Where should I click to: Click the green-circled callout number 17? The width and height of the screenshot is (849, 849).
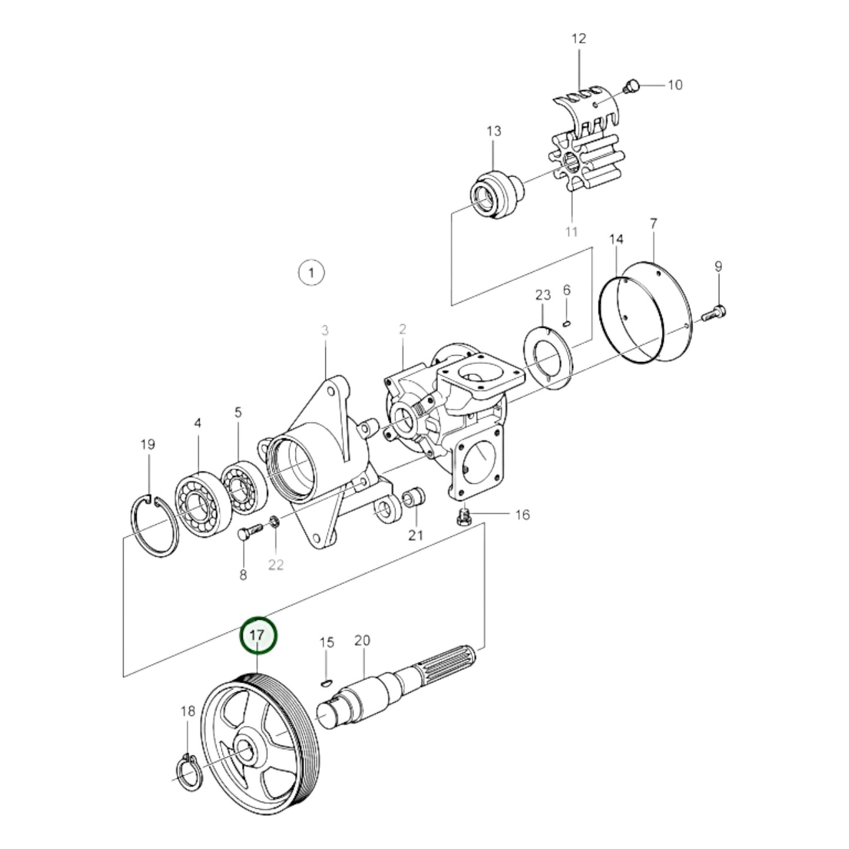(259, 635)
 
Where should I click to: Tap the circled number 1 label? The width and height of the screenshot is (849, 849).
(311, 273)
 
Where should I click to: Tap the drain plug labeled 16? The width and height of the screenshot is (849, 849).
(464, 517)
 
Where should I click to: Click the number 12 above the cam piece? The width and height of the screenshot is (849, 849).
(579, 39)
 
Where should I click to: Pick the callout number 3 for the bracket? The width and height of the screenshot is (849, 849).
(325, 331)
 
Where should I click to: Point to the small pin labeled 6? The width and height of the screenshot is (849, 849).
(566, 322)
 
